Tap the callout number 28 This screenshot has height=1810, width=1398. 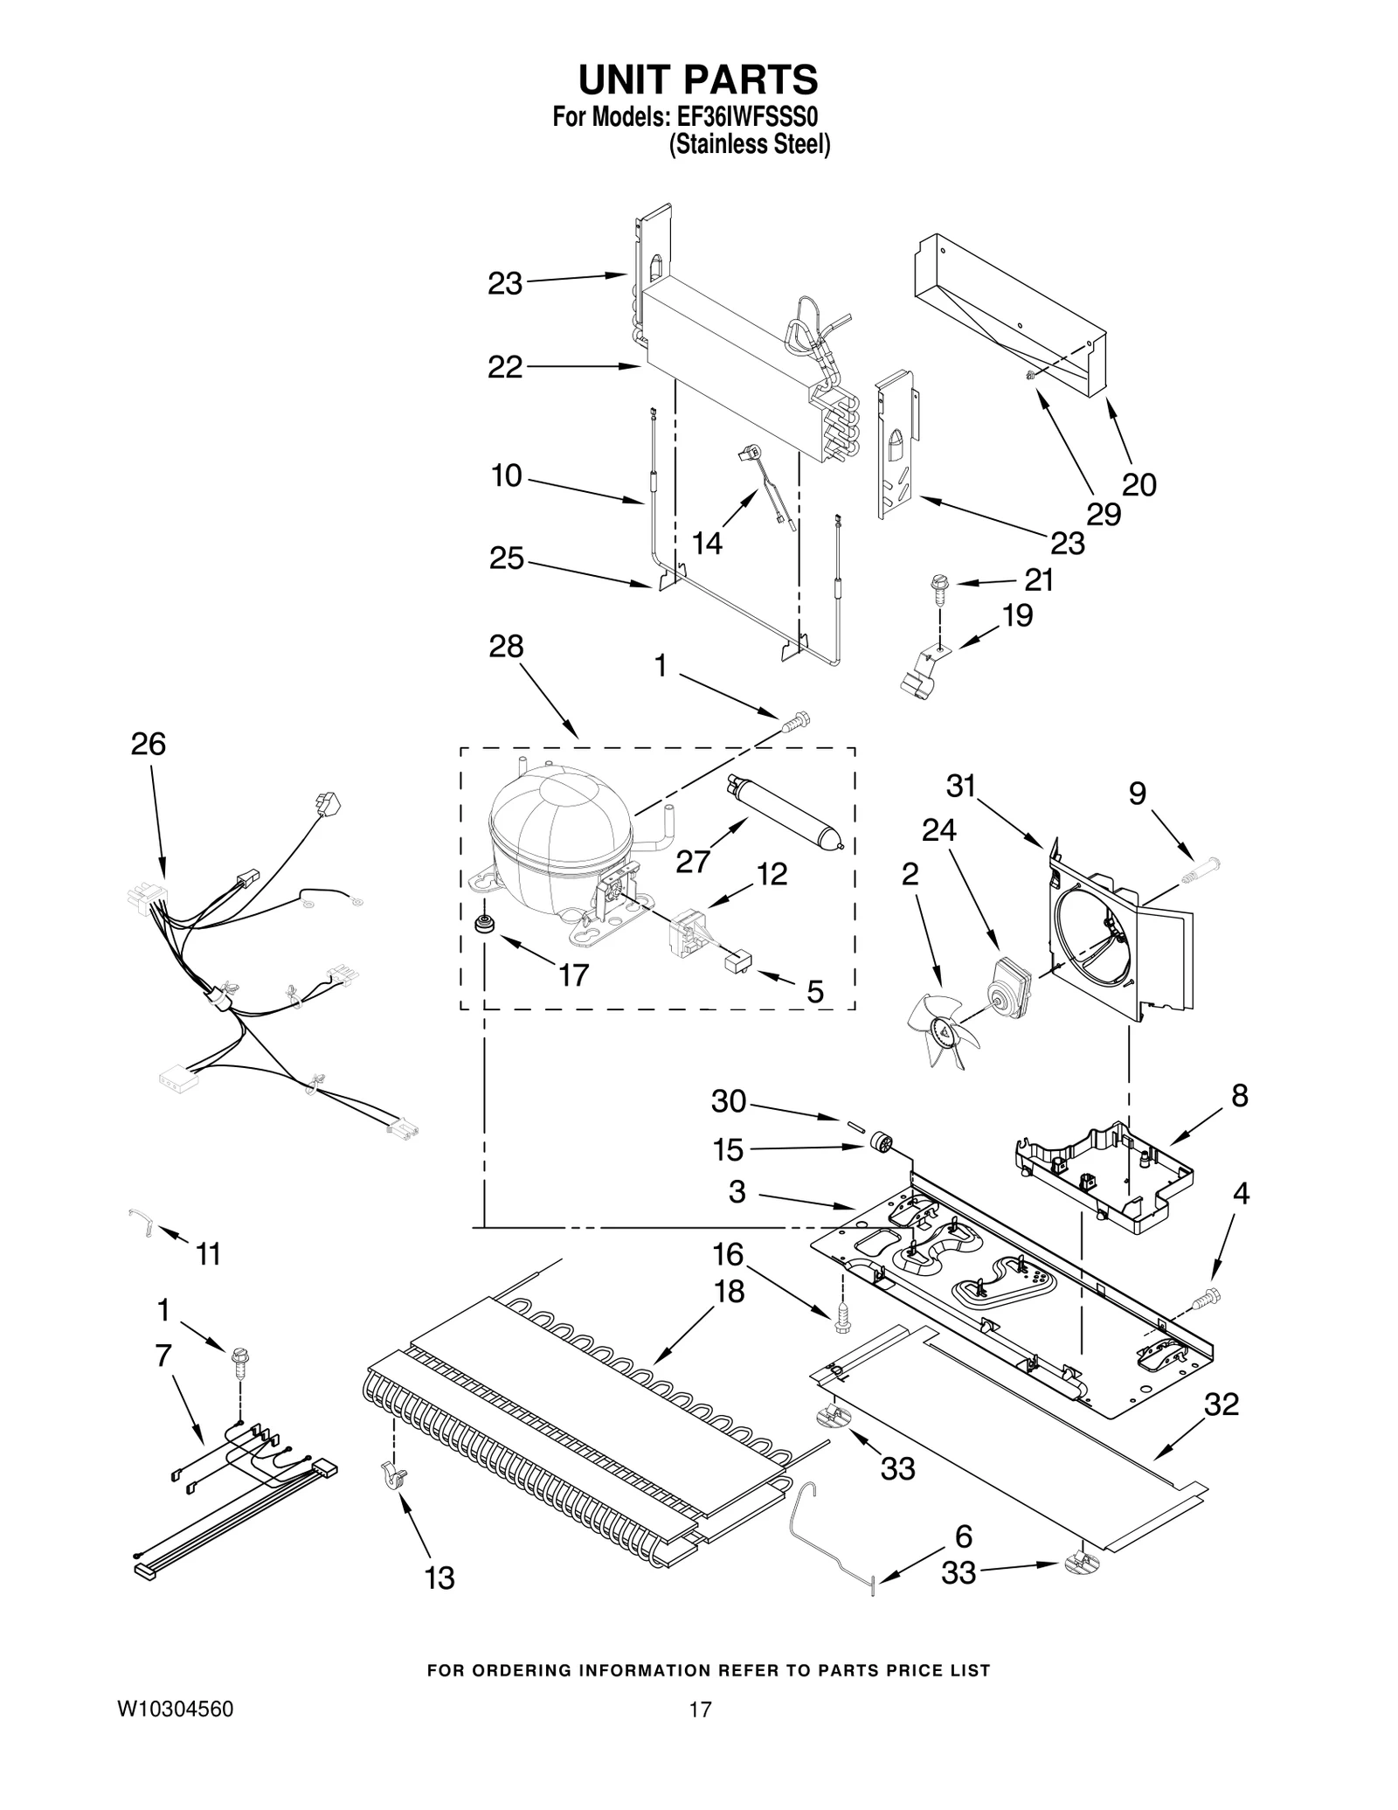tap(506, 646)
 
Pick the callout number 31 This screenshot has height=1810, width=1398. tap(960, 787)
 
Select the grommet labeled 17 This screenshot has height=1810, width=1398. tap(481, 923)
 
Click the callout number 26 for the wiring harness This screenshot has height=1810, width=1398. tap(148, 744)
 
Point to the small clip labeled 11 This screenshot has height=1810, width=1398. tap(141, 1220)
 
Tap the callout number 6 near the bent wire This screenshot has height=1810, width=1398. tap(963, 1536)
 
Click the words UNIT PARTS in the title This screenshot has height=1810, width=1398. tap(698, 79)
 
